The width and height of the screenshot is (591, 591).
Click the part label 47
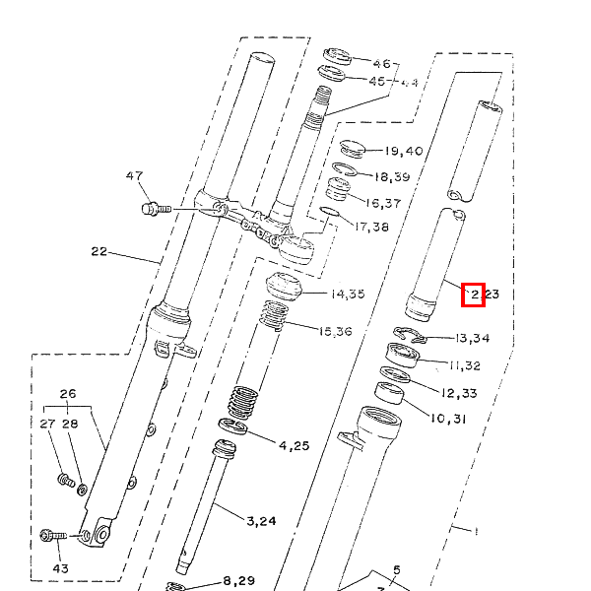pyautogui.click(x=134, y=176)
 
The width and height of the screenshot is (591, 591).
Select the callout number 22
pyautogui.click(x=98, y=251)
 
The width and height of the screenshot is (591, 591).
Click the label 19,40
pyautogui.click(x=404, y=152)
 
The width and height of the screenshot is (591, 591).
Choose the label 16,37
pyautogui.click(x=383, y=203)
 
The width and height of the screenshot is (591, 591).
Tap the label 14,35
pyautogui.click(x=348, y=294)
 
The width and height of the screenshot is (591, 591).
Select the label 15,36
pyautogui.click(x=334, y=331)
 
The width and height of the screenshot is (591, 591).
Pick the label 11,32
pyautogui.click(x=465, y=365)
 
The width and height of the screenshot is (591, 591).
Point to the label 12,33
pyautogui.click(x=460, y=393)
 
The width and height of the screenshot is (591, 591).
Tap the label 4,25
pyautogui.click(x=294, y=445)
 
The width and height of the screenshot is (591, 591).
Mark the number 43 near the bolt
pyautogui.click(x=61, y=569)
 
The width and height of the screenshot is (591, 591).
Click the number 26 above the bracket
pyautogui.click(x=67, y=394)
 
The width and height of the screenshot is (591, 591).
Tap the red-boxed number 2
pyautogui.click(x=473, y=294)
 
